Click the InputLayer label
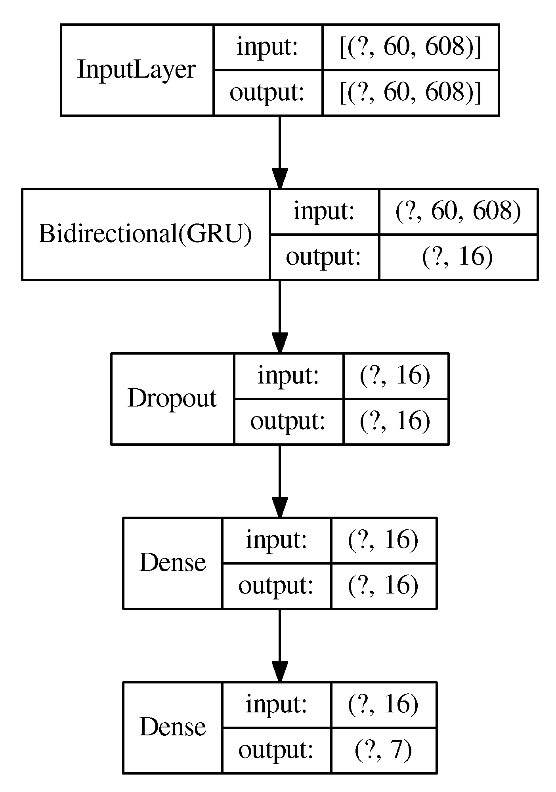[x=136, y=70]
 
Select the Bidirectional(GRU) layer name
[x=145, y=234]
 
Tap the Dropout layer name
[x=172, y=398]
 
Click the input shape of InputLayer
[x=411, y=47]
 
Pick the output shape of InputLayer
[x=411, y=93]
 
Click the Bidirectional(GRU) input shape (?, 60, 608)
[x=458, y=211]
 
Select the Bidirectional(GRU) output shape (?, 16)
[x=458, y=257]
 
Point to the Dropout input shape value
[x=395, y=375]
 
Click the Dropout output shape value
[x=395, y=421]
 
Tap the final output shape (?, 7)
[x=383, y=750]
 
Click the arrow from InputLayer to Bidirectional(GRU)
[x=279, y=153]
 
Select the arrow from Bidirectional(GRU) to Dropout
[x=279, y=317]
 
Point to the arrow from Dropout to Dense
[x=279, y=481]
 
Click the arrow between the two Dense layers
[x=279, y=646]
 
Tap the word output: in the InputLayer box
[x=267, y=93]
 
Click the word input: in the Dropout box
[x=288, y=375]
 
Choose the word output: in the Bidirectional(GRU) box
[x=323, y=257]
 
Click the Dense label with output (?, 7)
[x=172, y=727]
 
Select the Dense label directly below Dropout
[x=172, y=563]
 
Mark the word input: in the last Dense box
[x=276, y=704]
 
